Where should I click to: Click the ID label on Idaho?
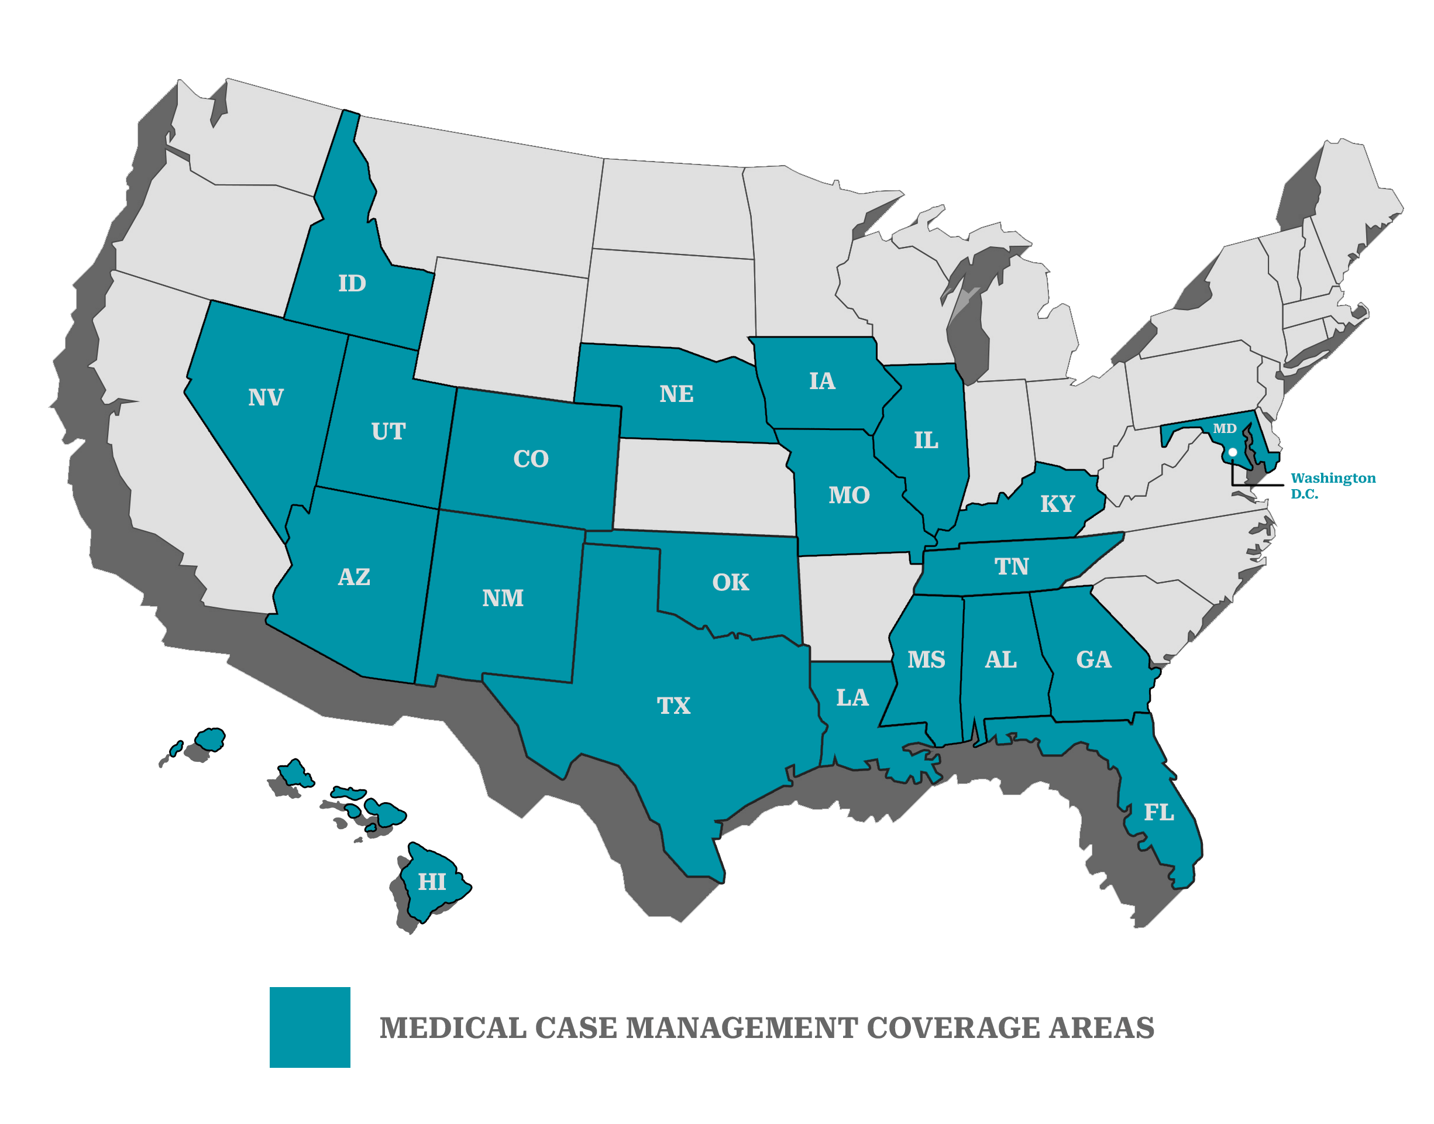[x=352, y=284]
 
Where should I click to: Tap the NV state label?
[x=266, y=397]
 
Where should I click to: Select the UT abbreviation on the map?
[x=388, y=432]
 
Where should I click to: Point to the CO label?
[x=531, y=459]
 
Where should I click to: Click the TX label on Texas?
[x=673, y=706]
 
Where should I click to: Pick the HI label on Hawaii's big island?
[x=432, y=882]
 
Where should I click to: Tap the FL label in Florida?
[x=1159, y=813]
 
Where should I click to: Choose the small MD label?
[x=1225, y=428]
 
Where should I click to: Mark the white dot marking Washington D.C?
[x=1232, y=452]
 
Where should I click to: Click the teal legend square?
[x=310, y=1027]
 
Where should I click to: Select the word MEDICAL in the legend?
[x=453, y=1028]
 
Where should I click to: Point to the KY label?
[x=1057, y=504]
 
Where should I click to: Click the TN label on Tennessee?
[x=1011, y=566]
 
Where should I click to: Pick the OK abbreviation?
[x=731, y=582]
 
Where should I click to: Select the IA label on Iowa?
[x=822, y=381]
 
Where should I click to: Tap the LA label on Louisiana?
[x=852, y=697]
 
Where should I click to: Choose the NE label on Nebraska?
[x=676, y=394]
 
